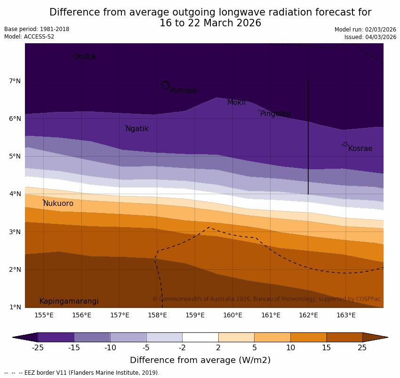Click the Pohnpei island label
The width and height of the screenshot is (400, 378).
click(x=184, y=91)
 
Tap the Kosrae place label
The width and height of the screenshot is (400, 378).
click(x=360, y=149)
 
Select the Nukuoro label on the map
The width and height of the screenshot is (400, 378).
click(x=58, y=204)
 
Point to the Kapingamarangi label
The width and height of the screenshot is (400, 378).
click(x=69, y=301)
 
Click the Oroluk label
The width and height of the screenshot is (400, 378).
click(x=84, y=57)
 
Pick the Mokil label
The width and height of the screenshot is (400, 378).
click(x=236, y=102)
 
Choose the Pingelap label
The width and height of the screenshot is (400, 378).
click(x=275, y=114)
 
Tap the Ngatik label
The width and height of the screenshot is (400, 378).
click(x=137, y=129)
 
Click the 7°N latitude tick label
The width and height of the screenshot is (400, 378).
click(x=15, y=81)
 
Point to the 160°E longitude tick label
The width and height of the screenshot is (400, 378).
click(x=232, y=315)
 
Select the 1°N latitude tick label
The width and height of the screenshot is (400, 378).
click(x=15, y=307)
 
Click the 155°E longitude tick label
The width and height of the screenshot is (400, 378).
click(x=44, y=315)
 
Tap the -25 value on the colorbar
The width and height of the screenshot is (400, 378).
click(x=38, y=348)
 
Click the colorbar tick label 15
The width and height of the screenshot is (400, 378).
click(x=326, y=348)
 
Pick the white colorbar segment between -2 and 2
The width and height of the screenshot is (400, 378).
click(x=200, y=337)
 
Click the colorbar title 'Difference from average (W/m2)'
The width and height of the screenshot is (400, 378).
click(x=200, y=360)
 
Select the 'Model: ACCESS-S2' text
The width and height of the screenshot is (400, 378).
click(x=29, y=37)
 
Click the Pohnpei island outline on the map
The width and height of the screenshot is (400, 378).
click(x=165, y=85)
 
